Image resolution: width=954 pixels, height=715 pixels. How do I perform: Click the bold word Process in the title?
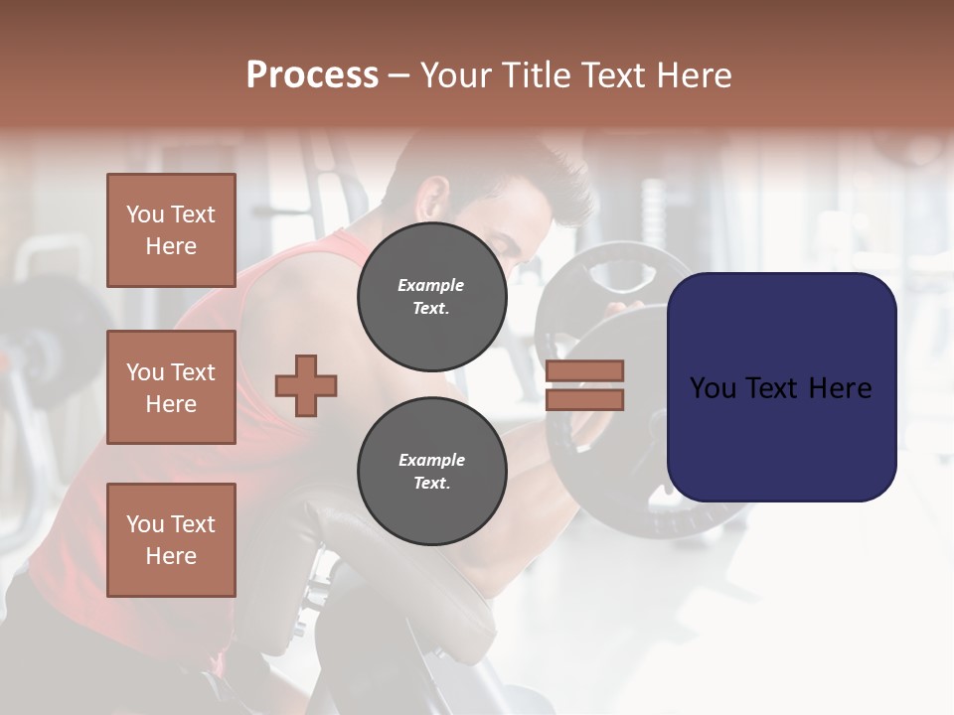312,75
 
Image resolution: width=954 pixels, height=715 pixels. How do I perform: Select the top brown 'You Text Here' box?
171,230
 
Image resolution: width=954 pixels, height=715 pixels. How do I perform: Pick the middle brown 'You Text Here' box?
171,387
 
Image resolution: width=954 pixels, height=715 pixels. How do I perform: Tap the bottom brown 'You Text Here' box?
171,540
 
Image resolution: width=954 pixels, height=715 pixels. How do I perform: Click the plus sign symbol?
306,385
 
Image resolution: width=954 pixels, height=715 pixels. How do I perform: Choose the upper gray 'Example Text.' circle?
431,297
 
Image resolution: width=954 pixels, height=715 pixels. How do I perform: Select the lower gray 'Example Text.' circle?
431,472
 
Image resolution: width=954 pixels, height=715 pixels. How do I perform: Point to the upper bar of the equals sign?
585,371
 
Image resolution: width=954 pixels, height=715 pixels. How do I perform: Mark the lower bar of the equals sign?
585,400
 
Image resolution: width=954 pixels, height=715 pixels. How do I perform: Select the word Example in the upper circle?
431,286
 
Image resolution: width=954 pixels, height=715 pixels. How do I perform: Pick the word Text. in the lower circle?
431,484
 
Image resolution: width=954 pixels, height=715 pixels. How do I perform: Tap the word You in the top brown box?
145,214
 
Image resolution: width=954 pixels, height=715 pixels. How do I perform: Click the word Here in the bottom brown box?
171,556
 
